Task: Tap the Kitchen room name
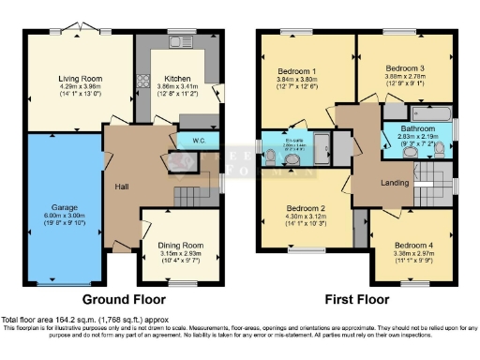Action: point(178,79)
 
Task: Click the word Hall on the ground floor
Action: point(122,187)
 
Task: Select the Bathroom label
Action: point(417,128)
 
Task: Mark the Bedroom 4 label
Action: point(412,242)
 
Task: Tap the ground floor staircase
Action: point(188,198)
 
